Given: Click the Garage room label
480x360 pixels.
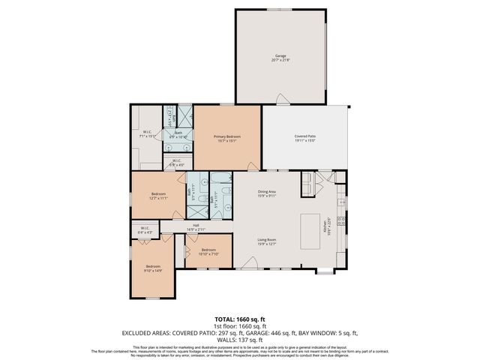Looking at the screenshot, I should coord(281,58).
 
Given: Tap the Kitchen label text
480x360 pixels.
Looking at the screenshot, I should coord(325,227).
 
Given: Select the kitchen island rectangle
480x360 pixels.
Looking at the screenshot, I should coord(310,228).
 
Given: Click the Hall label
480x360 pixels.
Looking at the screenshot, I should coord(195,226).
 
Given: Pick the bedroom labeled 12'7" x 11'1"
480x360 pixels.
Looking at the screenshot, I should coord(157,196).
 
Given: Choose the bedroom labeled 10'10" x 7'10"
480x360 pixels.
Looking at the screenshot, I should coord(208,252).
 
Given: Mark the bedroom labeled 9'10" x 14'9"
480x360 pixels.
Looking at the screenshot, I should coord(153,269).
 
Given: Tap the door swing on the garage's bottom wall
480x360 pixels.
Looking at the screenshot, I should coord(280,98).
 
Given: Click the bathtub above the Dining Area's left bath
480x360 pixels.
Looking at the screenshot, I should coord(220,178).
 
